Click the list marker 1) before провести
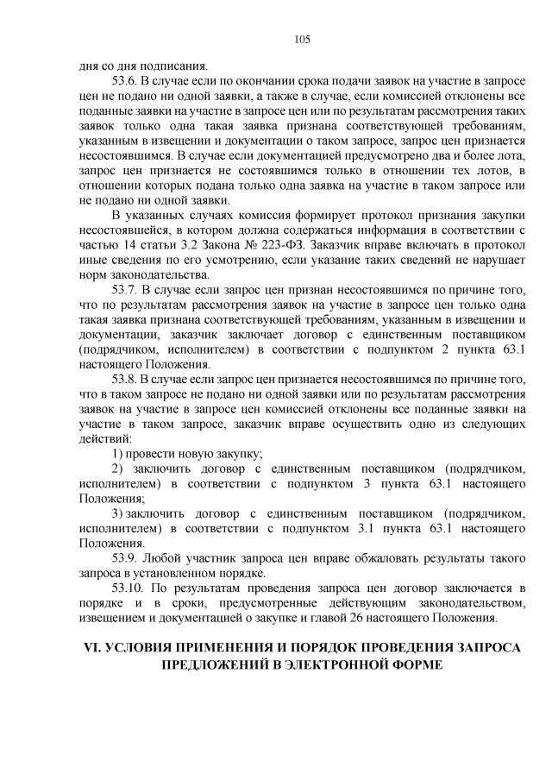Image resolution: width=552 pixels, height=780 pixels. click(x=118, y=453)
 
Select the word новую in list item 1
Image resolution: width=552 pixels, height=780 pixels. click(x=198, y=453)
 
